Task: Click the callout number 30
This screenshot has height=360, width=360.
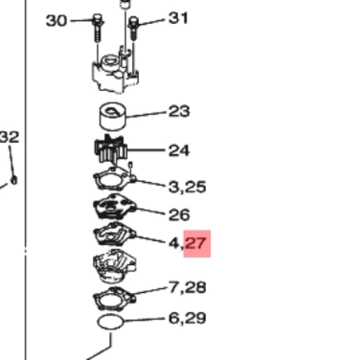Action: tap(56, 21)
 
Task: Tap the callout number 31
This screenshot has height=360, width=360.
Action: tap(178, 18)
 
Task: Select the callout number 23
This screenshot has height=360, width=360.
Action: tap(179, 111)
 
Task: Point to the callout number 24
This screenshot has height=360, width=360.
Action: tap(179, 150)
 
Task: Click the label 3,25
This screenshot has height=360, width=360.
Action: tap(187, 187)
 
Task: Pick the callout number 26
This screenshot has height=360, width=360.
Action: tap(179, 215)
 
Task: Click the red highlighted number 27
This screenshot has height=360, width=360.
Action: tap(196, 243)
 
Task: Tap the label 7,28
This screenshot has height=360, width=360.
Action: tap(188, 287)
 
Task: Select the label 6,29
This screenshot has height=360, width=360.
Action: tap(187, 318)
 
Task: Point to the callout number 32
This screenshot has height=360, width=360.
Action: tap(9, 137)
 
